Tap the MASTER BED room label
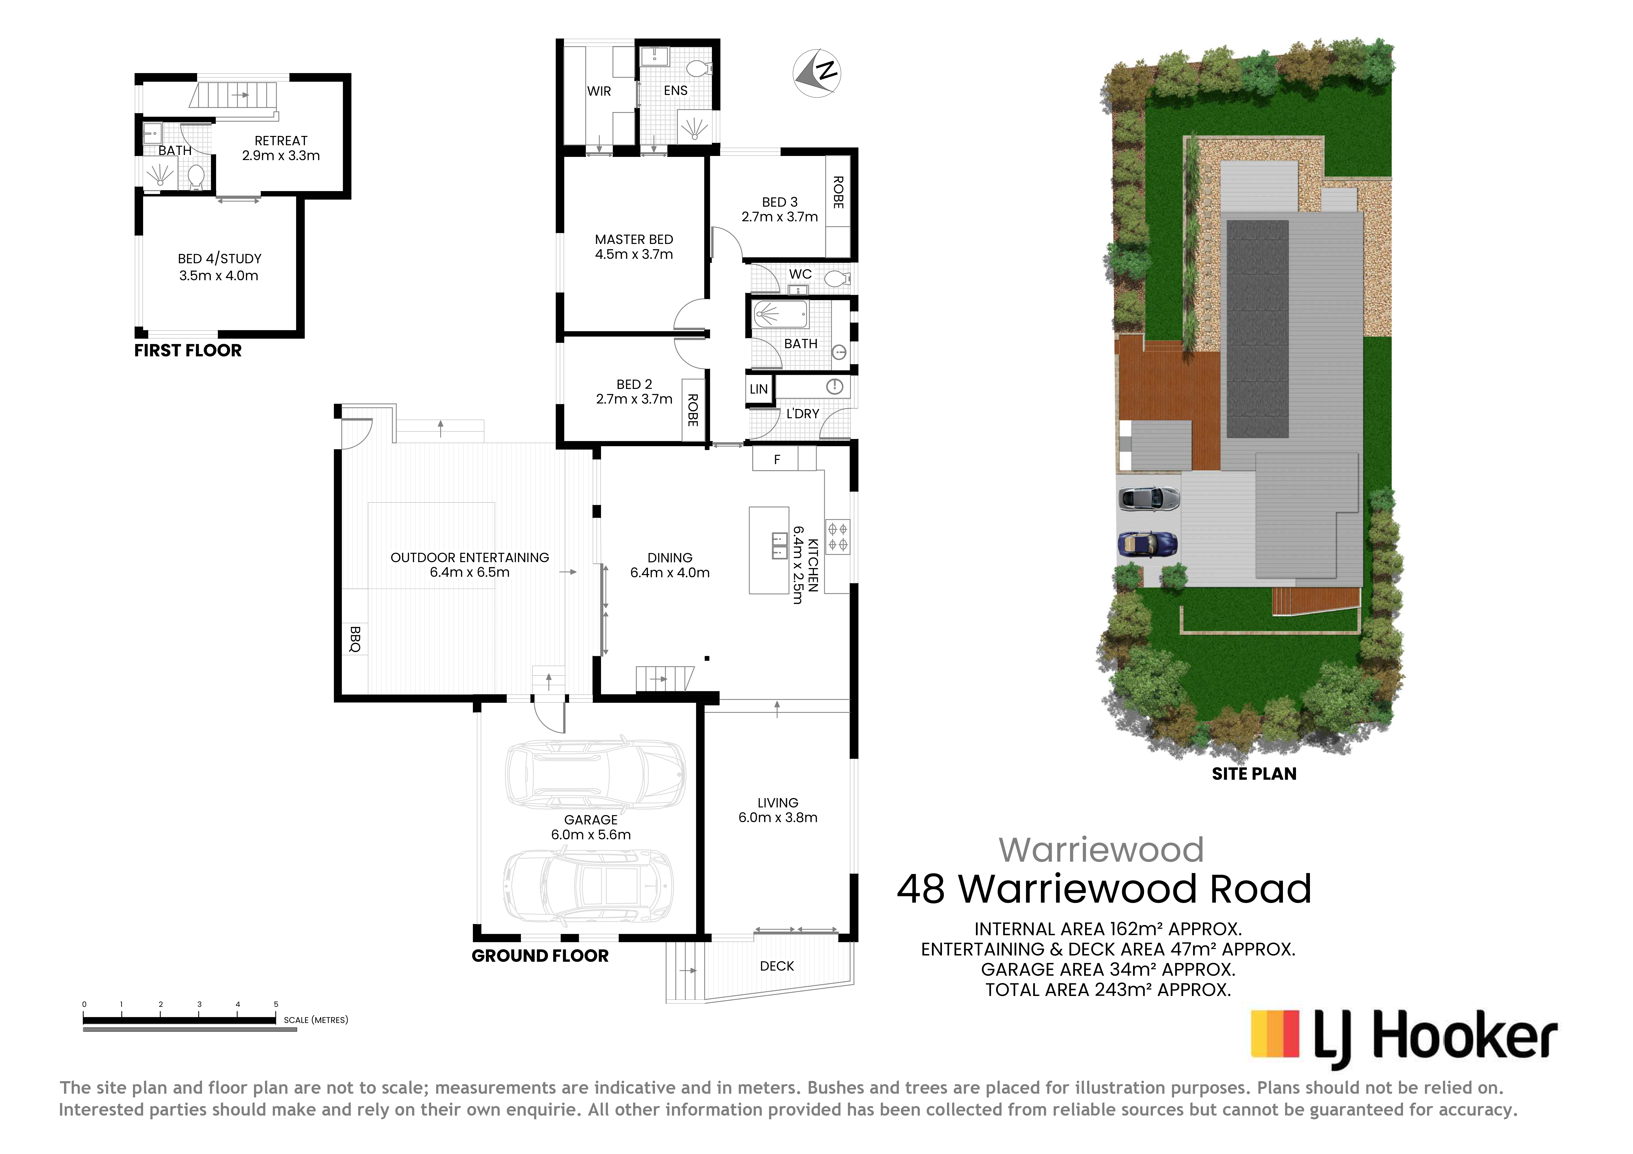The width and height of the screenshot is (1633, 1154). (634, 240)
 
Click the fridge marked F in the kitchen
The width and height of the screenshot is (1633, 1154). (777, 459)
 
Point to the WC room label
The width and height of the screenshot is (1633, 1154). (800, 274)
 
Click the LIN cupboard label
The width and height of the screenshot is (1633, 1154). (759, 389)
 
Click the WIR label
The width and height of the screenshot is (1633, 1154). (599, 91)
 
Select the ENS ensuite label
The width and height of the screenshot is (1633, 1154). (676, 90)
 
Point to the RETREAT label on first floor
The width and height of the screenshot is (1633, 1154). (281, 141)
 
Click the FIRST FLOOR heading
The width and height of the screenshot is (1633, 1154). (188, 351)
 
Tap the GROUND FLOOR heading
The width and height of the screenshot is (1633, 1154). (540, 956)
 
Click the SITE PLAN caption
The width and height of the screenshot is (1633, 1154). (1254, 774)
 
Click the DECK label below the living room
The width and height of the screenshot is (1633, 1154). (777, 965)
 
